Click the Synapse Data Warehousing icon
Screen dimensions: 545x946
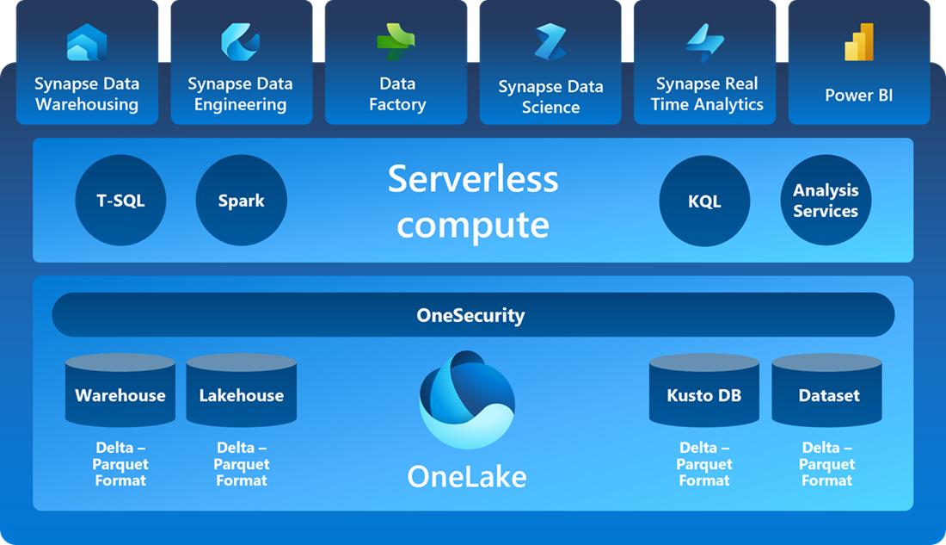point(87,42)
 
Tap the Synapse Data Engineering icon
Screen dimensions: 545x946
point(241,41)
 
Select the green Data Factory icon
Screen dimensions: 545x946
point(396,41)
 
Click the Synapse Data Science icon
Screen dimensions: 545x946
point(550,42)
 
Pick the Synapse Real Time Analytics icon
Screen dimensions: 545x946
point(705,42)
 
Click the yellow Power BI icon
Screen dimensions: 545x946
point(859,42)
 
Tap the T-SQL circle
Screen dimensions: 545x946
point(120,201)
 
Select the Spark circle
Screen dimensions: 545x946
point(241,201)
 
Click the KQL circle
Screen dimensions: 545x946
point(704,201)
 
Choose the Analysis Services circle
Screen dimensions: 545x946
point(826,201)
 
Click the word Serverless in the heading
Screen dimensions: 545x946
point(473,179)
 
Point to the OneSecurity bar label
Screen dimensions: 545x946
point(470,315)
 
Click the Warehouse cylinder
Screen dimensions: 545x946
point(120,392)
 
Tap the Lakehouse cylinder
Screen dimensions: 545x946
point(242,392)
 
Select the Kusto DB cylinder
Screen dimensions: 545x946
point(704,392)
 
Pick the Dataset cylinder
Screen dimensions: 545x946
point(827,392)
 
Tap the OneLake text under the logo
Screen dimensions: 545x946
point(467,476)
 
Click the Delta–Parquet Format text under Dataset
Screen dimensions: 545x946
point(827,464)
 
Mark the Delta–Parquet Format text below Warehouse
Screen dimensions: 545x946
point(120,464)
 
